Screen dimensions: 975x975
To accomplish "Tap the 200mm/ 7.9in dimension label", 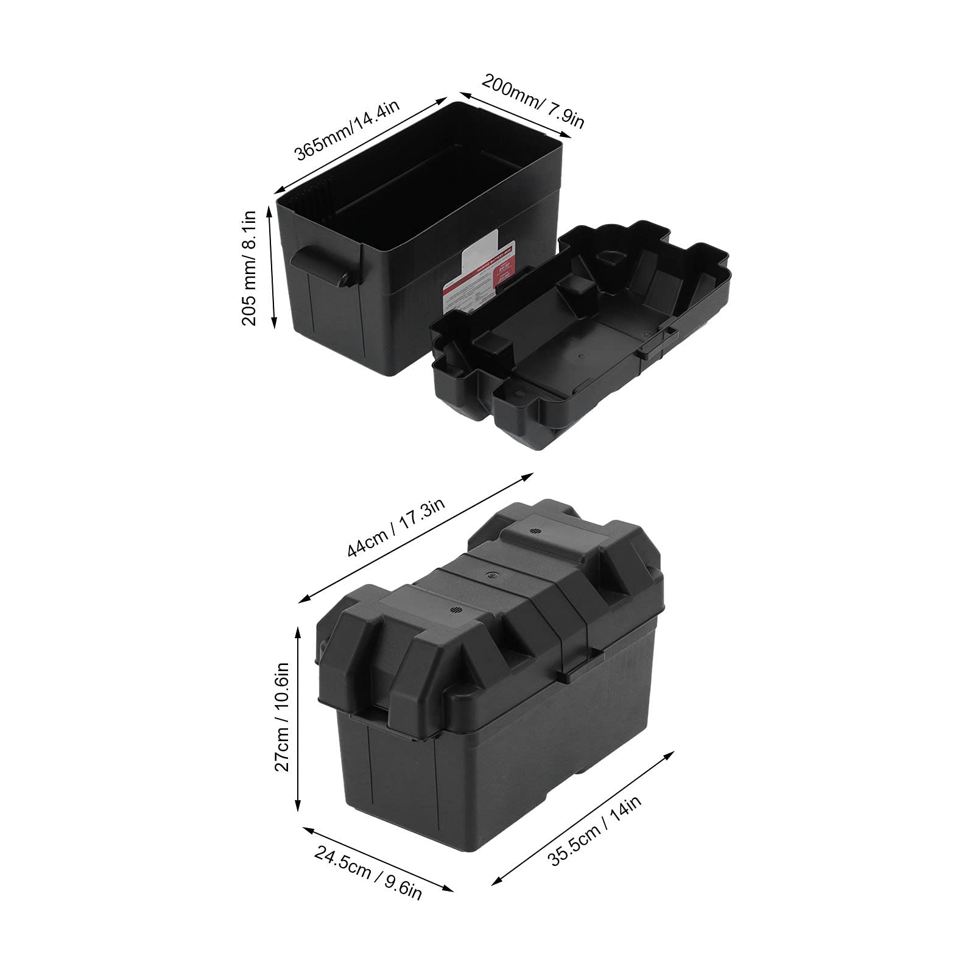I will point(533,100).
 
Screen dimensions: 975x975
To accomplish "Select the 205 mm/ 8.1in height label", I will point(250,268).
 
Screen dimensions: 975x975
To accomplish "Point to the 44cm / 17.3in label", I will point(396,527).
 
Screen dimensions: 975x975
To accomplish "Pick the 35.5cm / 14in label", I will point(595,831).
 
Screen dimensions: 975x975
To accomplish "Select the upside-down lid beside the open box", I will point(579,329).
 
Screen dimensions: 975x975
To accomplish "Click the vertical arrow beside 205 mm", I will point(272,268).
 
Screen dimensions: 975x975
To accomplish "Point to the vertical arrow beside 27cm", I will point(298,719).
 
